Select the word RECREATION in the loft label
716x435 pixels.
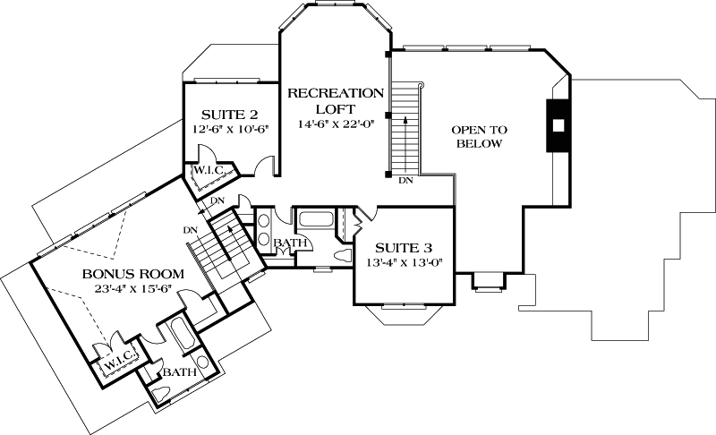[336, 93]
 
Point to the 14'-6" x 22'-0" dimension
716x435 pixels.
[336, 124]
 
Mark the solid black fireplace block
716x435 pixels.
[558, 124]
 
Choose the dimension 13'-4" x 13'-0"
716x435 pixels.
[405, 262]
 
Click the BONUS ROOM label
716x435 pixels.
[133, 273]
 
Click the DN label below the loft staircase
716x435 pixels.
[405, 180]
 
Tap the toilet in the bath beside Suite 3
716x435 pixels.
[341, 253]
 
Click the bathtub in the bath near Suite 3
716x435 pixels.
[316, 218]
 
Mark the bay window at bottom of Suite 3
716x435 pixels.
[399, 312]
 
